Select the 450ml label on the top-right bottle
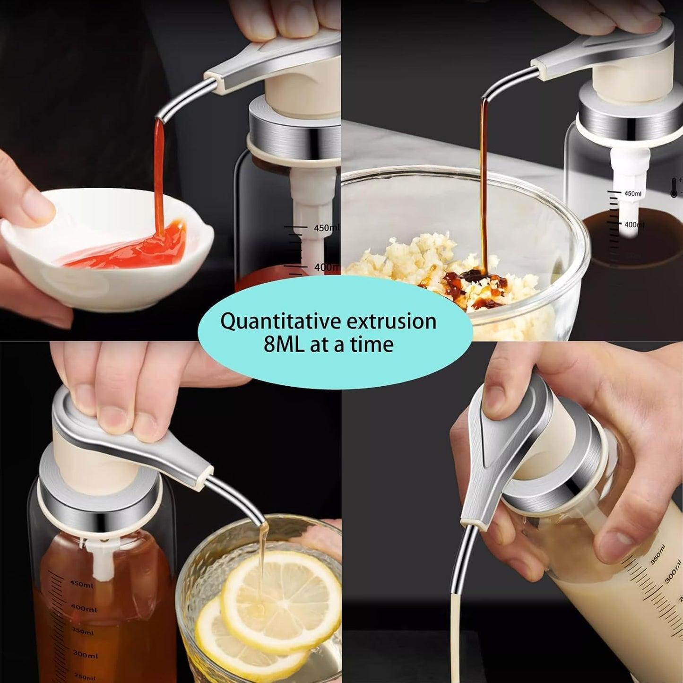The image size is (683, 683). [x=633, y=193]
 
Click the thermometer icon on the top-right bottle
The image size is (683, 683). [x=674, y=187]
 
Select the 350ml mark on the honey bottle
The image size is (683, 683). [x=84, y=631]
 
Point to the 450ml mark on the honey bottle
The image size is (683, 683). [x=82, y=584]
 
